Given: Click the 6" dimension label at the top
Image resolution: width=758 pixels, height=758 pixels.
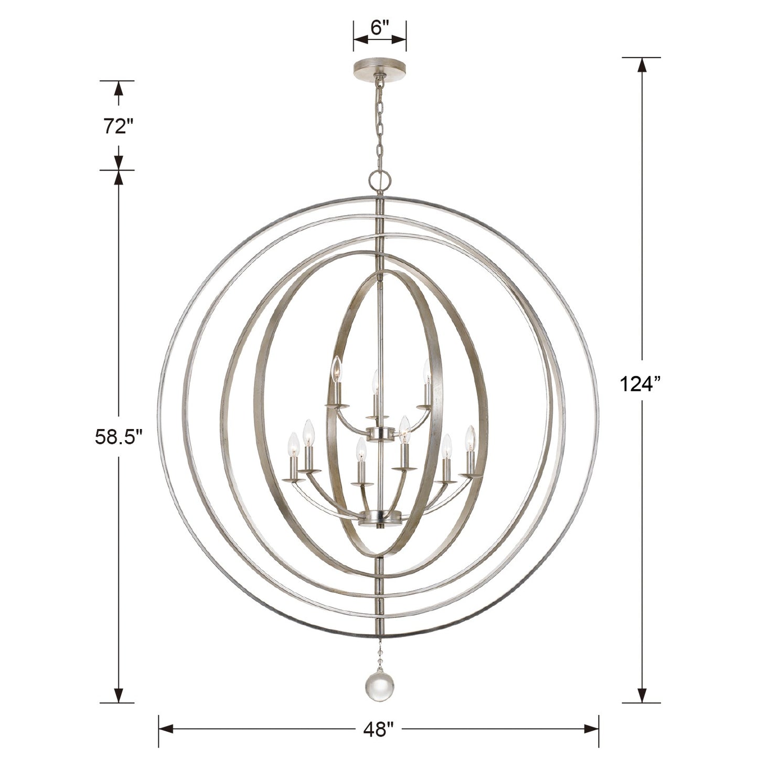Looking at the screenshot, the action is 379,28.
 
